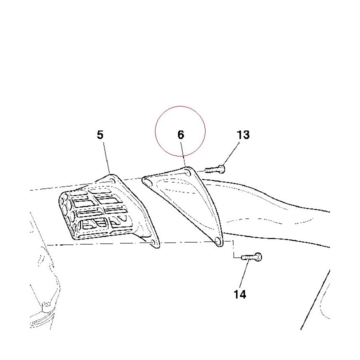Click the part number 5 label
100,135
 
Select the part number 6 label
181,135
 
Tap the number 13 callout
243,135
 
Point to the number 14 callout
240,294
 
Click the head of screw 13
222,169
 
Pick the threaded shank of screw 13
211,170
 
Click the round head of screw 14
258,256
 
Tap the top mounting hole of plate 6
187,172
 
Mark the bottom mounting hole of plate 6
217,241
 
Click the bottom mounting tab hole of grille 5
152,242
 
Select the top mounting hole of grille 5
112,180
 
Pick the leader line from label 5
106,158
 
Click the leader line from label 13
231,153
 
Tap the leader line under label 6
183,154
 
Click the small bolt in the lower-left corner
46,307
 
